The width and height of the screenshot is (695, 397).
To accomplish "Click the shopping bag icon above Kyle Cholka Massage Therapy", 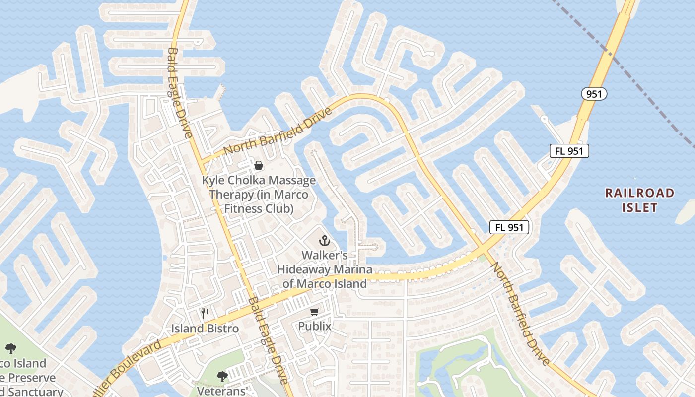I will [259, 165].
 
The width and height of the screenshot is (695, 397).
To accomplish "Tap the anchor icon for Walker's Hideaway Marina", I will [324, 241].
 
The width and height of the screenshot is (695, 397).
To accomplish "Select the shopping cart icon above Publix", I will [314, 312].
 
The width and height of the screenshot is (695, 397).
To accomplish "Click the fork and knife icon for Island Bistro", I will [205, 314].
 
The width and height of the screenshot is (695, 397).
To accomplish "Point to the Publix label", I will [314, 326].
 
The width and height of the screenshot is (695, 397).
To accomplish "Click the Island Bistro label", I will [205, 329].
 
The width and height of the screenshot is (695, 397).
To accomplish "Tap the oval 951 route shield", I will [594, 94].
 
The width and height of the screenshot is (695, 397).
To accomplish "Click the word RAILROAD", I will [640, 193].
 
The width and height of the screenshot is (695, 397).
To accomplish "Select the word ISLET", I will [640, 207].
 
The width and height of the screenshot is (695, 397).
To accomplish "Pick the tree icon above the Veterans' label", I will [222, 377].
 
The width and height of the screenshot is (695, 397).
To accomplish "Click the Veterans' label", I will [222, 391].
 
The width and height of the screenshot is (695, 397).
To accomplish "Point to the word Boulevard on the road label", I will [130, 364].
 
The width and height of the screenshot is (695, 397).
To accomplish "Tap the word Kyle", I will [212, 180].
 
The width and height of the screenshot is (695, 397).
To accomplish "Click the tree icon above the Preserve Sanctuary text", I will [10, 349].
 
